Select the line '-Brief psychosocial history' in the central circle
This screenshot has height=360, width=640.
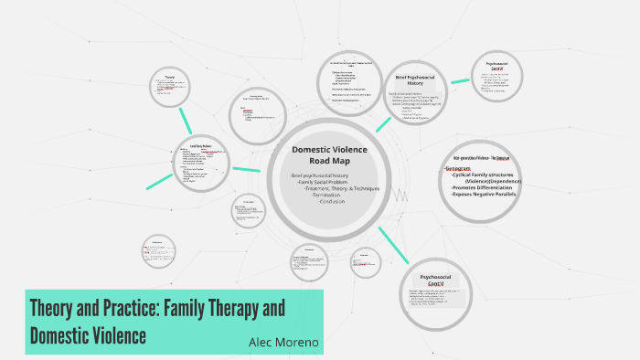[320, 175]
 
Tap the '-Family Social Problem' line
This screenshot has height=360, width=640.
[325, 182]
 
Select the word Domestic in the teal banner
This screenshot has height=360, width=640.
[65, 334]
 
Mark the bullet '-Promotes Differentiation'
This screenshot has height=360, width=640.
[485, 187]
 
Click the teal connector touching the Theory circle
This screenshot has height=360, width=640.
[187, 119]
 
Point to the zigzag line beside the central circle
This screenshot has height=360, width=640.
[399, 196]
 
